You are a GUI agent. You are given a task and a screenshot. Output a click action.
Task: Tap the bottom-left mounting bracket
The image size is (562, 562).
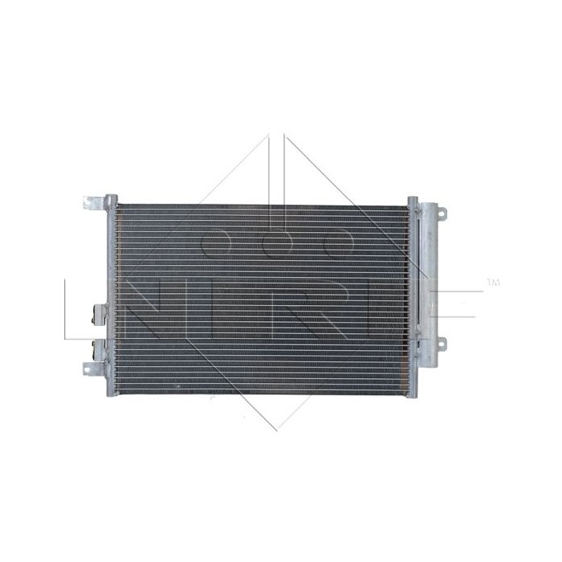point(93,368)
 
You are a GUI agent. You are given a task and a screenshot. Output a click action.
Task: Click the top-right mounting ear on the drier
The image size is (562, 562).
point(440,213)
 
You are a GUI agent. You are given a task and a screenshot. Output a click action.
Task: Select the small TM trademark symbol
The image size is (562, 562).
point(493,283)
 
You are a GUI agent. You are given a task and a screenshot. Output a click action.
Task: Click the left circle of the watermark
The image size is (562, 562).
point(216,241)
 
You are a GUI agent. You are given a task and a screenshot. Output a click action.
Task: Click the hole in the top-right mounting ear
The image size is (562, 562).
point(442,213)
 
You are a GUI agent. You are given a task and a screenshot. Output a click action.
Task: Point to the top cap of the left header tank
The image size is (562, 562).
point(111,198)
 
